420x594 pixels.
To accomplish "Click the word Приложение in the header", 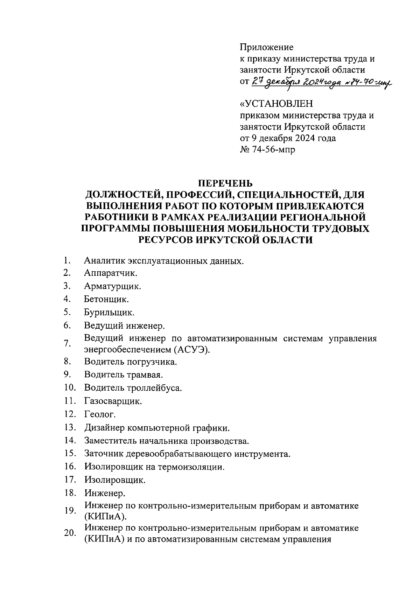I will click(267, 47).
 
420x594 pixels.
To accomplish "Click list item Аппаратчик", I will click(111, 273).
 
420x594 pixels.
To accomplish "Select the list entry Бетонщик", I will click(106, 299).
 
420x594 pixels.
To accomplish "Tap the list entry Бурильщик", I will click(109, 312).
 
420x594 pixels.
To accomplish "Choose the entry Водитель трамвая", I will click(124, 375).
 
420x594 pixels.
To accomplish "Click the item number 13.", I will click(70, 427).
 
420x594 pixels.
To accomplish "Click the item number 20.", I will click(70, 533).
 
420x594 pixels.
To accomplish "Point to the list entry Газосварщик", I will click(113, 401).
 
